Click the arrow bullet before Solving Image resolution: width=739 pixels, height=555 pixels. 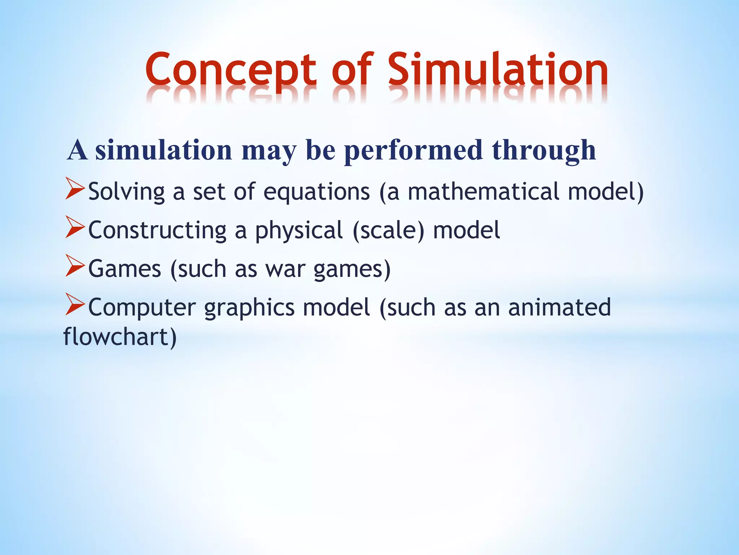(x=75, y=190)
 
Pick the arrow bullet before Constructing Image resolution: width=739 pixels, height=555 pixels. (x=75, y=229)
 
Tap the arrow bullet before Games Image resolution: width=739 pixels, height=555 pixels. (x=75, y=268)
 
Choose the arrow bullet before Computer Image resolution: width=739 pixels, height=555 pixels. (x=75, y=306)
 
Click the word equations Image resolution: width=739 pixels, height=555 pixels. (x=316, y=192)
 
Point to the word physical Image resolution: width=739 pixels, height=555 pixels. (x=299, y=231)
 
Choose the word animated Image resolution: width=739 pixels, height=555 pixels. (x=559, y=307)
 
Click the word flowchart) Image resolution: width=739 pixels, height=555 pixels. (x=120, y=337)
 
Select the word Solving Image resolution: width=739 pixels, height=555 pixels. (x=127, y=192)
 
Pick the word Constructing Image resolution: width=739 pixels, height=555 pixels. (x=157, y=230)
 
